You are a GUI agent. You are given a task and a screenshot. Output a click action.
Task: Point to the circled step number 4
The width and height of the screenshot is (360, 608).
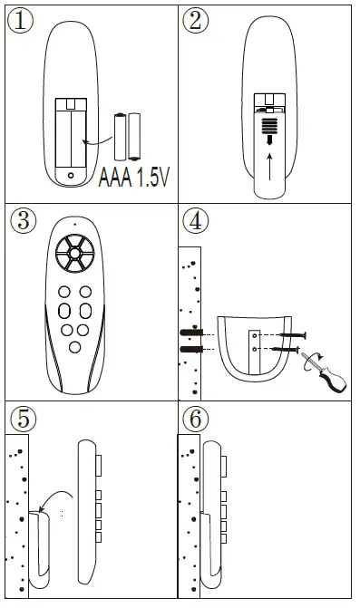coord(194,220)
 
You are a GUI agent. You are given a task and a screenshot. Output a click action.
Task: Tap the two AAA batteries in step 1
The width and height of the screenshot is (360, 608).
coord(127,135)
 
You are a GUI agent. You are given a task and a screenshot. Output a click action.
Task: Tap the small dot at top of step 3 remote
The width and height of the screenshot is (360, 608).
coord(74,223)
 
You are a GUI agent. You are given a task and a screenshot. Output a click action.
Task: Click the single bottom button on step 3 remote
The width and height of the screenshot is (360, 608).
coord(74,347)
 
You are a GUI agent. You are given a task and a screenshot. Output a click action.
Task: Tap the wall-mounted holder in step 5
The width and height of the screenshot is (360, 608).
coord(42,548)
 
